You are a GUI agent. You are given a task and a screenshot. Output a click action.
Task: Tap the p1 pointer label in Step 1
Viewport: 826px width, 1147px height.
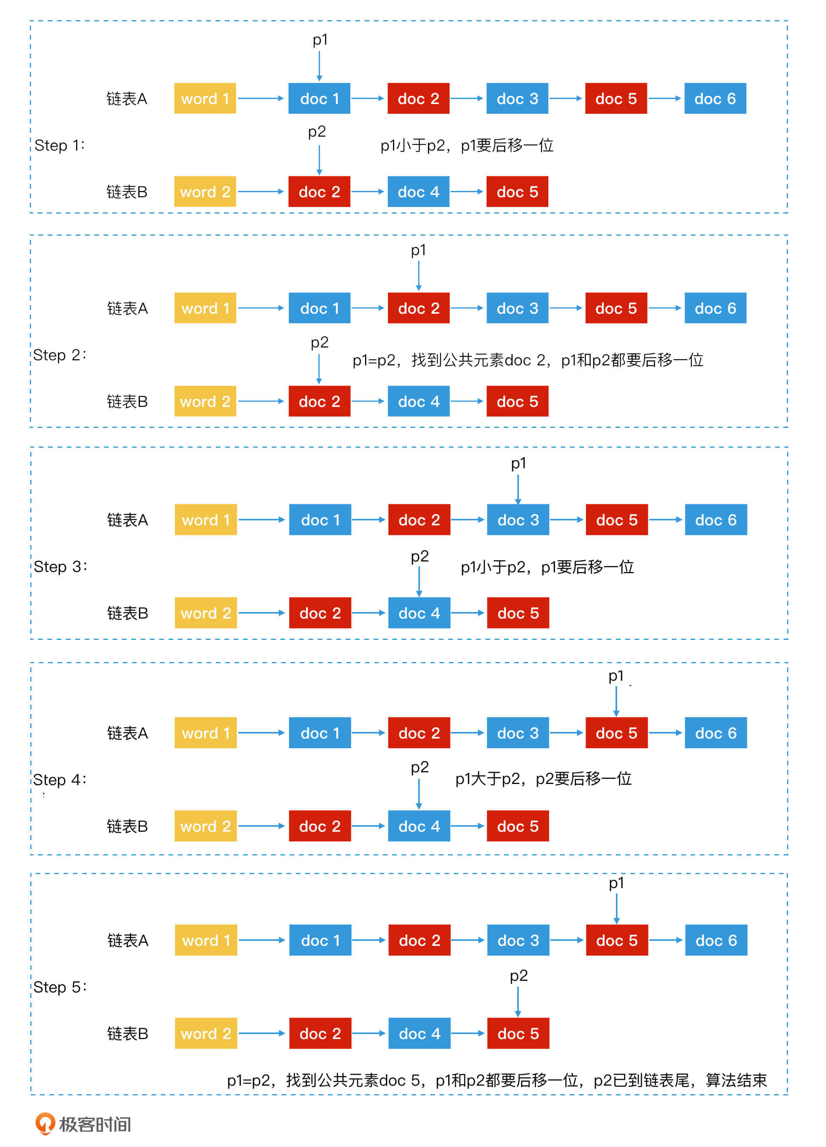pos(320,40)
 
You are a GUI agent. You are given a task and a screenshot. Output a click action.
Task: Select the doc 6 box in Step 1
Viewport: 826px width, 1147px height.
pos(715,99)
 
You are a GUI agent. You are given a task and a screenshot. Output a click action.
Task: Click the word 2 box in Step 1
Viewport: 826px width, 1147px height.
pos(205,192)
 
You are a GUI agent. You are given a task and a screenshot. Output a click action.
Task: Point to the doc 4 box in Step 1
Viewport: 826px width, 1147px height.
pos(418,192)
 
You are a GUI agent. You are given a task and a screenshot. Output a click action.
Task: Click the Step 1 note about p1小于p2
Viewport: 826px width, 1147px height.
pos(466,146)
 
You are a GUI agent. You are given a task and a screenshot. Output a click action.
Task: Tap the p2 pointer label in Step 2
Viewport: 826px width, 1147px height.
pos(319,342)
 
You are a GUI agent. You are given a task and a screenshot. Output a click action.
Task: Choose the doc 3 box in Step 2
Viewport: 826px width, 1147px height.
pos(517,308)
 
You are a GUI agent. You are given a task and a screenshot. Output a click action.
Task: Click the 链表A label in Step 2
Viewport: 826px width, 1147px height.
pos(127,308)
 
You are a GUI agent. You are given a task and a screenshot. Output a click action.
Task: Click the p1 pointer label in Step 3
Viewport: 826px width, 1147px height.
pos(518,463)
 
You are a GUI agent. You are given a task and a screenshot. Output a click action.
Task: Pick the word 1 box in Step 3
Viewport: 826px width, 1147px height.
pos(205,520)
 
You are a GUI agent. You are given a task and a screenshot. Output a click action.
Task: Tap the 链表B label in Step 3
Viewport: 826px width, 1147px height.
pos(127,613)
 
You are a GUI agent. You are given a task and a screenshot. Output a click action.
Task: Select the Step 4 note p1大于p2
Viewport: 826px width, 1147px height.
pos(543,778)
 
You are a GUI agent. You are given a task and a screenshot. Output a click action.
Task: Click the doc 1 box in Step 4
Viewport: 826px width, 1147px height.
pos(320,733)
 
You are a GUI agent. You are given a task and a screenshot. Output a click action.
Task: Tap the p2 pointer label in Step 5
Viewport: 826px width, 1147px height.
pos(518,975)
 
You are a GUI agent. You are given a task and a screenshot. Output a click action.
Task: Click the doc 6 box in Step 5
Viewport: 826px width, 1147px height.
pos(716,940)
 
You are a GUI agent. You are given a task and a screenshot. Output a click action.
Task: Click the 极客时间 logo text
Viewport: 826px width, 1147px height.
pos(95,1124)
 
